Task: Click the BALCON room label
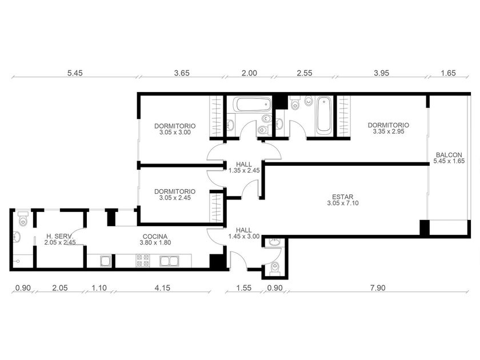(x=449, y=155)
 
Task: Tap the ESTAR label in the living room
(x=342, y=197)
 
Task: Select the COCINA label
(x=155, y=237)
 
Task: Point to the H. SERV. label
(x=60, y=237)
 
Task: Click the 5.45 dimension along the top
(x=75, y=73)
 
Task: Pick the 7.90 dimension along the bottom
(x=378, y=288)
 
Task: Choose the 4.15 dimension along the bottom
(x=162, y=288)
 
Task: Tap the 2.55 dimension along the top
(x=305, y=73)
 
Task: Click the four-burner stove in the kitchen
(x=143, y=261)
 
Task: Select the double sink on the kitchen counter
(x=169, y=261)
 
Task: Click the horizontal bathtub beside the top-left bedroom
(x=252, y=105)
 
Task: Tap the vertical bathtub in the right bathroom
(x=323, y=115)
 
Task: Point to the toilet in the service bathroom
(x=23, y=218)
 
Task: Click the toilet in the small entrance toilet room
(x=275, y=269)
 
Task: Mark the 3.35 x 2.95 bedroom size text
(x=389, y=131)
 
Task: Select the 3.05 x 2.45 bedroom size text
(x=175, y=198)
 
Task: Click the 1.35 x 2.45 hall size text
(x=244, y=171)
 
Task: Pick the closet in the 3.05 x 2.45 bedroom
(x=217, y=207)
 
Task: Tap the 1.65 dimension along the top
(x=448, y=73)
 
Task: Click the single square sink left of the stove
(x=106, y=261)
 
